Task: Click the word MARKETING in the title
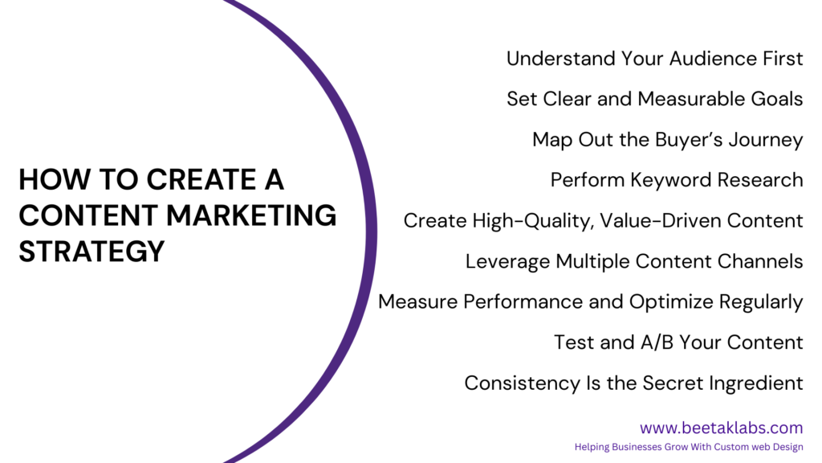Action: point(251,215)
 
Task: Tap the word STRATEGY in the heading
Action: point(92,251)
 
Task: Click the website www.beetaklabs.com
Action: point(721,428)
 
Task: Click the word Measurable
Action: point(691,99)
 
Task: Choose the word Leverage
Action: point(507,261)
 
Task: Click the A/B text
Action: point(657,342)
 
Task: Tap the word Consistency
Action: point(522,383)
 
